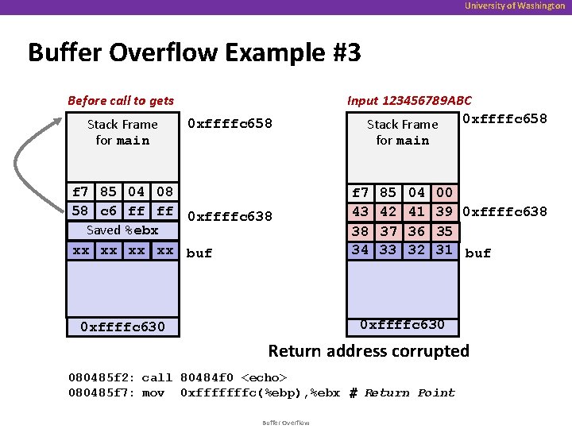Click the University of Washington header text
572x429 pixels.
pos(516,6)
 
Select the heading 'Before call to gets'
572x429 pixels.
pos(121,100)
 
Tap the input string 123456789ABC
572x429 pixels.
pos(427,100)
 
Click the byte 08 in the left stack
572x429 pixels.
pos(164,191)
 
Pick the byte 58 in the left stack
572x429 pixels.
pos(80,211)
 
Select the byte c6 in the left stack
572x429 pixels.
pos(108,211)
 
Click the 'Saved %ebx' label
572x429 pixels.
pos(122,230)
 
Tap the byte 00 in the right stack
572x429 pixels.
pos(445,192)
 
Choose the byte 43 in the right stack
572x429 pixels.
pos(361,212)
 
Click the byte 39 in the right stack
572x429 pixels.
pos(445,212)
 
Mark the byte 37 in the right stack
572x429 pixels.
pos(388,231)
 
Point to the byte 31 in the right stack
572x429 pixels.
pos(445,249)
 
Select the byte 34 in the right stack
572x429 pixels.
pos(361,249)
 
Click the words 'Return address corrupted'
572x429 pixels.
pos(369,350)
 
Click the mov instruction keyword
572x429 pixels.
pos(153,392)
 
